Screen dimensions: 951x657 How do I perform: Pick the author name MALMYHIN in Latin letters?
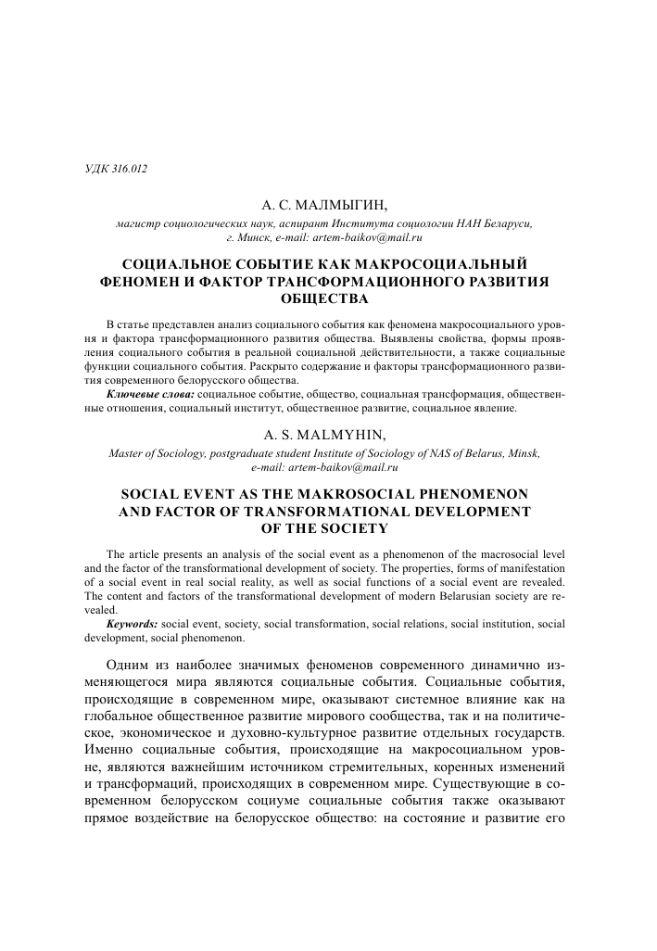pos(349,435)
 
